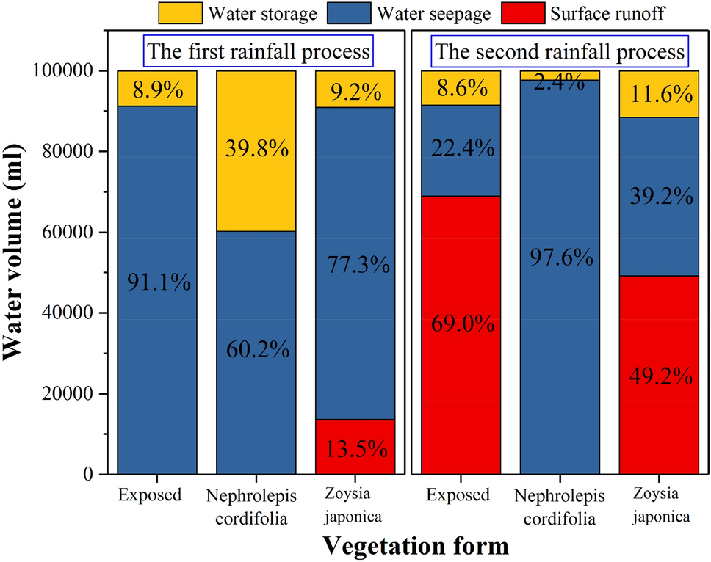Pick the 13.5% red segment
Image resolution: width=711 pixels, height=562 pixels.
click(355, 447)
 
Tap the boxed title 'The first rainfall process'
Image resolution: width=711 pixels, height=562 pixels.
click(257, 52)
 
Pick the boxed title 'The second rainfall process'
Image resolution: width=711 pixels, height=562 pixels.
click(560, 52)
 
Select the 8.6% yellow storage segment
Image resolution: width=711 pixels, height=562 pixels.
click(461, 88)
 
